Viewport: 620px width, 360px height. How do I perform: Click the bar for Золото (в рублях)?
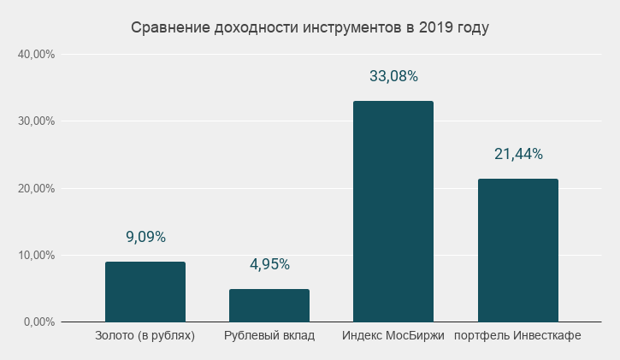point(145,292)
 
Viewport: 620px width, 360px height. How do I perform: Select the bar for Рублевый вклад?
point(269,305)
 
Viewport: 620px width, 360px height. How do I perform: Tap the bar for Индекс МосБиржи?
point(393,211)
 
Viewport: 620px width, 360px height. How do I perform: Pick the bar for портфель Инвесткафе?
point(518,250)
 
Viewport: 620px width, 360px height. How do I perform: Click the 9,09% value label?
point(145,237)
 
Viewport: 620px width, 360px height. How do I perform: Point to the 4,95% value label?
point(269,264)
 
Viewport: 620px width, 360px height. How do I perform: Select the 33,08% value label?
point(393,76)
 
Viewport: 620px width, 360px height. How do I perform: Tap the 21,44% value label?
point(518,154)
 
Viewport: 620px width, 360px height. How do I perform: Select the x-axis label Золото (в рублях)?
point(145,335)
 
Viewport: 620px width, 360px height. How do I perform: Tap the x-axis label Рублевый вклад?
point(269,335)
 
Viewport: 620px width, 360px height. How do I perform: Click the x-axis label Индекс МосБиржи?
point(393,335)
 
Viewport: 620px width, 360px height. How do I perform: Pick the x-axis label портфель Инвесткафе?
point(518,335)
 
